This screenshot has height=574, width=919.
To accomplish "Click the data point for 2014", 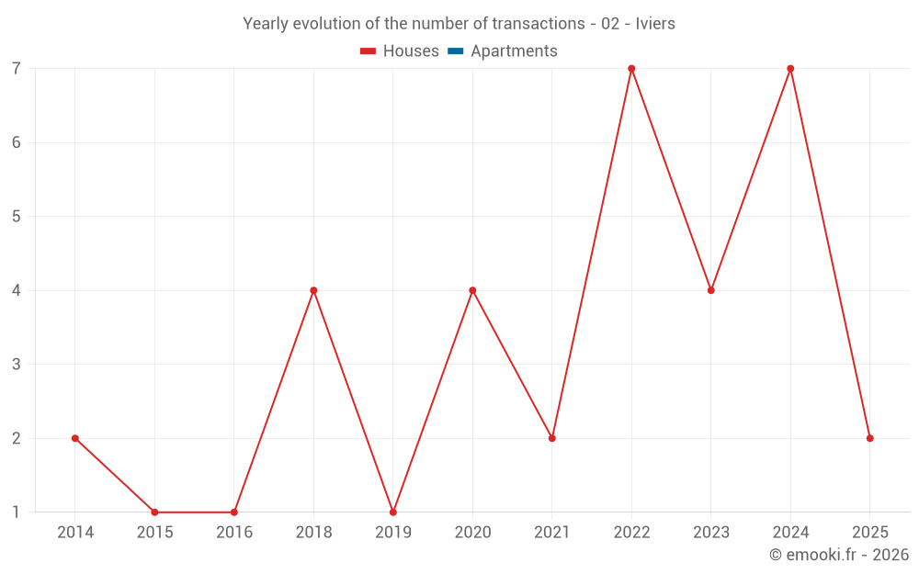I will pyautogui.click(x=75, y=438).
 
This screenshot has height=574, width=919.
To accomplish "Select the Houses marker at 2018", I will pyautogui.click(x=313, y=290).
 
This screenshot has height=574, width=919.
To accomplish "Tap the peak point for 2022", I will pyautogui.click(x=631, y=69).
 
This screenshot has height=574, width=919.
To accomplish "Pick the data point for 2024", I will pyautogui.click(x=790, y=69).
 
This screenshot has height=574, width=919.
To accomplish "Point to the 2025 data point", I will pyautogui.click(x=869, y=438).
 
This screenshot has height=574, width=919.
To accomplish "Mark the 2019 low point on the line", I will pyautogui.click(x=393, y=512).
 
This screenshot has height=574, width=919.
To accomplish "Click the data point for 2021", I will pyautogui.click(x=552, y=438).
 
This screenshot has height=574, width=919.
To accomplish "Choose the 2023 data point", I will pyautogui.click(x=711, y=290).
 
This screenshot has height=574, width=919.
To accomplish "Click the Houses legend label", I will pyautogui.click(x=411, y=51).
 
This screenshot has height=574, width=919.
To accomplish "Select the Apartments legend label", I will pyautogui.click(x=514, y=51).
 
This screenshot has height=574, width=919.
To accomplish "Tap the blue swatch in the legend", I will pyautogui.click(x=455, y=51).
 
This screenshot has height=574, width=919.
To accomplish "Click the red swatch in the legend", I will pyautogui.click(x=368, y=51).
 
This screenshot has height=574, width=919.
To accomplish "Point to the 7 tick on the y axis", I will pyautogui.click(x=17, y=69).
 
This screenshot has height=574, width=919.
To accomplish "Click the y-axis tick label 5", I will pyautogui.click(x=17, y=217).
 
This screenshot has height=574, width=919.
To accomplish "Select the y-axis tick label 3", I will pyautogui.click(x=17, y=365).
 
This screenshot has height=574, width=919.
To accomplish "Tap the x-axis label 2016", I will pyautogui.click(x=234, y=533).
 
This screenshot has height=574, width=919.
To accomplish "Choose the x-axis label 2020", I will pyautogui.click(x=472, y=533).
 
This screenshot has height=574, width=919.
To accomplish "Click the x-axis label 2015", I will pyautogui.click(x=154, y=533).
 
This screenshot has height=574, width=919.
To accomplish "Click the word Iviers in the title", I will pyautogui.click(x=655, y=24).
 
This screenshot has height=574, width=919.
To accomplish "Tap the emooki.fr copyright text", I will pyautogui.click(x=839, y=555).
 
